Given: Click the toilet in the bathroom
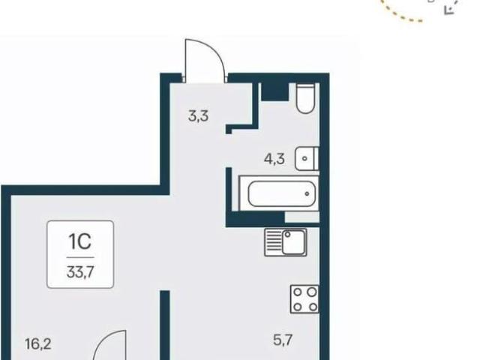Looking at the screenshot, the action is [x=305, y=98].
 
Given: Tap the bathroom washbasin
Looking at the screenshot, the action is [x=307, y=158].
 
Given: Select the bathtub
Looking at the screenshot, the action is [x=279, y=193].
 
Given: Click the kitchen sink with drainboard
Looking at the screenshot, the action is [x=286, y=242].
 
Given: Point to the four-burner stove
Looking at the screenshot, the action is [x=304, y=299].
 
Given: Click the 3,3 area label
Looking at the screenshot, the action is [x=198, y=116].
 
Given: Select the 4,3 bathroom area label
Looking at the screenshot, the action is [x=274, y=159].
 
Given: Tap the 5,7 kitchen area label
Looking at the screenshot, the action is [x=283, y=340].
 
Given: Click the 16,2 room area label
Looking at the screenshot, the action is [x=38, y=344].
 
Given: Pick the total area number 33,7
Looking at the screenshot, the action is [x=80, y=271].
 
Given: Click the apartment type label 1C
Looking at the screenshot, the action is [x=80, y=241].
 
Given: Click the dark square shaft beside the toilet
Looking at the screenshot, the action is [x=275, y=91].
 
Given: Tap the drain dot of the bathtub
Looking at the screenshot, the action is [x=307, y=193].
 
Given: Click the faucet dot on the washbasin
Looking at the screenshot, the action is [x=304, y=158].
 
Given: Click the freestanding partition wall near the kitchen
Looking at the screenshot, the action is [x=165, y=325].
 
